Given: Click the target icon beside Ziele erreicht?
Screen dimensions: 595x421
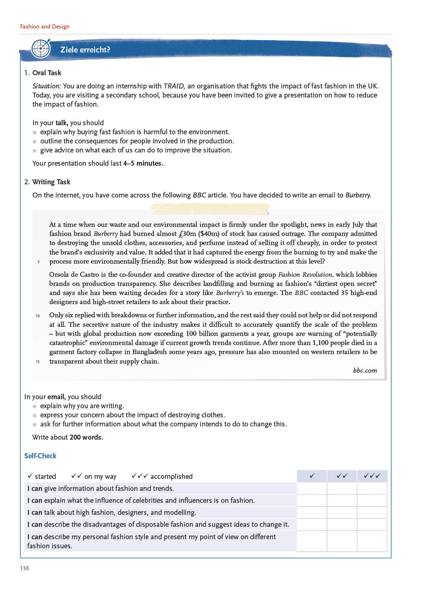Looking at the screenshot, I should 41,49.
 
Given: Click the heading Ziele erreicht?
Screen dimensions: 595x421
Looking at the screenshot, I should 85,50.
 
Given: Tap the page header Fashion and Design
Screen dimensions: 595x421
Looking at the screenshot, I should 45,26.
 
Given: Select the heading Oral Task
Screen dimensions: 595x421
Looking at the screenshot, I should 47,73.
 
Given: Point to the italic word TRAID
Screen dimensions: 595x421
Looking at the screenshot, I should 174,86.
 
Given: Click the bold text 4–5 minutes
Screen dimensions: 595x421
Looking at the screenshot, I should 143,163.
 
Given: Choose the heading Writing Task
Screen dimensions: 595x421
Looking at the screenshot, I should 51,182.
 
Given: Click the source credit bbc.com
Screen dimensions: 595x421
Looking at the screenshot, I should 365,370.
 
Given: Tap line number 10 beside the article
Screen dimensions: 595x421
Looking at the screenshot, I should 38,316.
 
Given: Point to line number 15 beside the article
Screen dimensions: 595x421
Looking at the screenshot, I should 38,362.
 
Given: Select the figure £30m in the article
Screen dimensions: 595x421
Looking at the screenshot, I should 187,234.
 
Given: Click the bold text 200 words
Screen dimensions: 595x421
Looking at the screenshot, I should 86,437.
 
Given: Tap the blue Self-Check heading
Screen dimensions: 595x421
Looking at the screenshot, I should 40,456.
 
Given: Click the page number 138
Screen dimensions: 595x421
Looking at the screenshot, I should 24,568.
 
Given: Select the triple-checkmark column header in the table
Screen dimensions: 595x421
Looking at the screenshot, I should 372,476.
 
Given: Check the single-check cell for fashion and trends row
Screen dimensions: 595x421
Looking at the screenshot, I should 312,488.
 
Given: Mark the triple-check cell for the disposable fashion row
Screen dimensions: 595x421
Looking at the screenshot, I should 372,524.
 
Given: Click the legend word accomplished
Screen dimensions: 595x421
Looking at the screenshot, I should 171,476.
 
